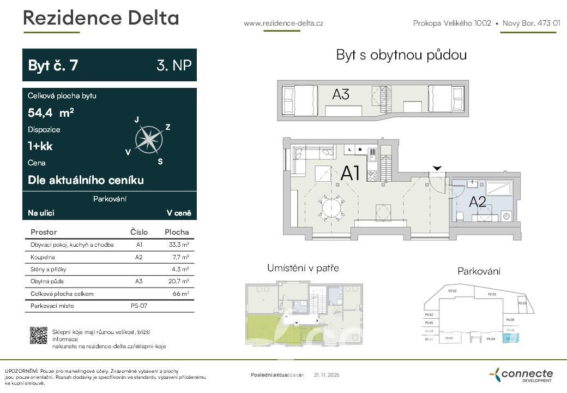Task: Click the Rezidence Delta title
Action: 101,18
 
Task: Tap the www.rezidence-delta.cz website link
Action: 283,23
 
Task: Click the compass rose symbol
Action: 149,139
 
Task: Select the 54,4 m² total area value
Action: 51,113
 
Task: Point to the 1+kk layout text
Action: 40,146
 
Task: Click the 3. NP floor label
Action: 174,65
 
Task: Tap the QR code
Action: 38,335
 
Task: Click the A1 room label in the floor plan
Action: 350,173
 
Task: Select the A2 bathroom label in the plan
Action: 478,202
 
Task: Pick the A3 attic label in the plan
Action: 341,94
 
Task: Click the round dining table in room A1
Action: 331,207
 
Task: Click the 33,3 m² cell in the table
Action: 179,245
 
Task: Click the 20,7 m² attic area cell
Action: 179,282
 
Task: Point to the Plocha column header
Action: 177,232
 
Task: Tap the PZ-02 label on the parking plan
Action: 452,291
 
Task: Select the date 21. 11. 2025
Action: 327,375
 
